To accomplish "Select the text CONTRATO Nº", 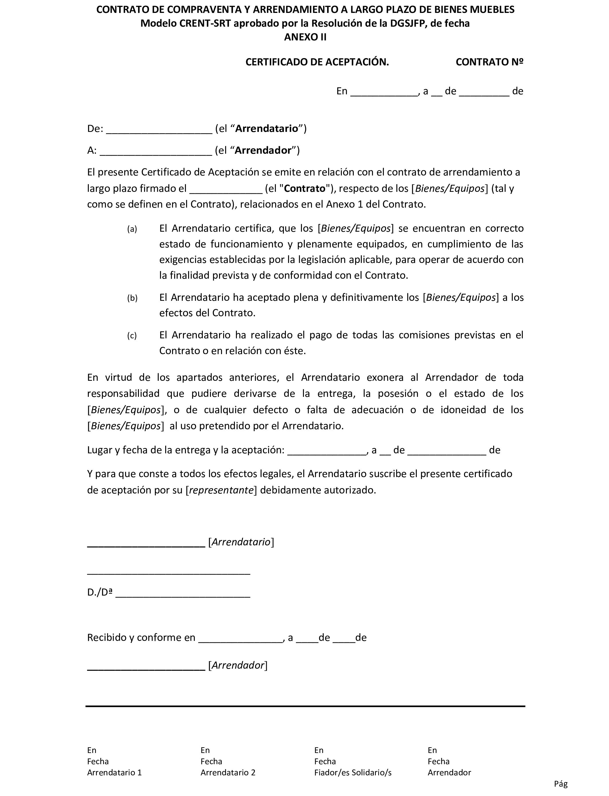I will (489, 62).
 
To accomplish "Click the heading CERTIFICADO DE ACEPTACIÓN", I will (317, 62).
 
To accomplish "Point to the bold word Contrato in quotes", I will (304, 188).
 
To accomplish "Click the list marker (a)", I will (132, 229).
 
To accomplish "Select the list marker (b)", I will (132, 298).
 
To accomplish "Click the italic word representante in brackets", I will (221, 490).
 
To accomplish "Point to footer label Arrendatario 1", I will (114, 772).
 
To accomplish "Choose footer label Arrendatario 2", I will (228, 772).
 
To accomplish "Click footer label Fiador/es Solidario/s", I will (353, 772).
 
